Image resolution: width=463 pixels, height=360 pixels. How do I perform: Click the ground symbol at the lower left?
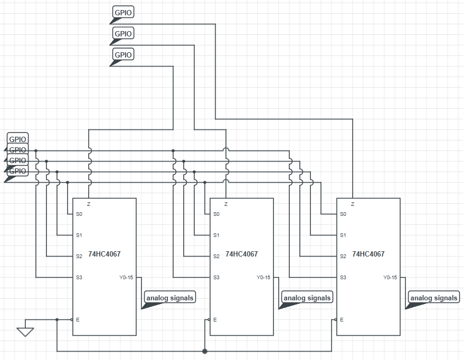tap(25, 331)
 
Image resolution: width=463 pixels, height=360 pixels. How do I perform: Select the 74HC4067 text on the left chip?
tap(105, 254)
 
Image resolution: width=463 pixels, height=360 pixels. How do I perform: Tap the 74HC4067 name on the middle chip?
tap(241, 254)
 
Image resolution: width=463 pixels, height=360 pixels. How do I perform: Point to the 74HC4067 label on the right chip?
tap(368, 254)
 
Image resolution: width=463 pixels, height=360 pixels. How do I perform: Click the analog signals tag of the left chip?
tap(170, 298)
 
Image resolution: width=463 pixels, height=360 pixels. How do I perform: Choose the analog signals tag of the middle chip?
tap(307, 298)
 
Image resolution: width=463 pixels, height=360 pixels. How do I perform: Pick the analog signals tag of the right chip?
tap(434, 298)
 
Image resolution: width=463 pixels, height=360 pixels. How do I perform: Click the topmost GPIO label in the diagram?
tap(124, 12)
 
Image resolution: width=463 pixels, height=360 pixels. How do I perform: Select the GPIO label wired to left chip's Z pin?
tap(124, 54)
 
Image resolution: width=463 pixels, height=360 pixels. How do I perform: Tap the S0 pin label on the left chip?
tap(79, 214)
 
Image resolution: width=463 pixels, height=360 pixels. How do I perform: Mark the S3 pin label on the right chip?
tap(343, 277)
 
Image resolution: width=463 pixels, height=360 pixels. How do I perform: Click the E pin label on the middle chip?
tap(215, 319)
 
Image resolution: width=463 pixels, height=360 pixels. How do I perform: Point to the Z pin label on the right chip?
tap(352, 204)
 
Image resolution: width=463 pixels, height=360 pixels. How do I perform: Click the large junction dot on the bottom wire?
tap(205, 351)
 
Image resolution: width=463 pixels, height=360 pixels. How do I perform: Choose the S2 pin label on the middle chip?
tap(216, 256)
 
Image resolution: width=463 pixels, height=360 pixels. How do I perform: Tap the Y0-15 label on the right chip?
tap(390, 277)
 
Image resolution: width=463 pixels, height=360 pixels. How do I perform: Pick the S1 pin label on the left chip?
tap(79, 235)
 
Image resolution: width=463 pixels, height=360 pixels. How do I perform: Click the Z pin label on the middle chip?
tap(226, 204)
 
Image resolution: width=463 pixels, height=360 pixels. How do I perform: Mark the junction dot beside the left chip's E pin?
tap(57, 319)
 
